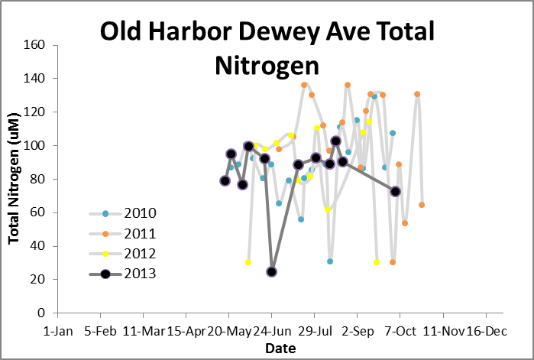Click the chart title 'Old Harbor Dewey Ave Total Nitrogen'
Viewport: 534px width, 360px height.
[x=267, y=48]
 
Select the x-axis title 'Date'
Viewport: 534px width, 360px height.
[x=276, y=349]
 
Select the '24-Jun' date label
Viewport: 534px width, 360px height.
[x=272, y=332]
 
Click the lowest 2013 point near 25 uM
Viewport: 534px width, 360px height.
[x=271, y=271]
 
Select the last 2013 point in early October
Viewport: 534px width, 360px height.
[x=395, y=191]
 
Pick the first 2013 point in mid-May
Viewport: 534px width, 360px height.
[x=225, y=181]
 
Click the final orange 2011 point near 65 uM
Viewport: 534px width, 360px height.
[x=422, y=205]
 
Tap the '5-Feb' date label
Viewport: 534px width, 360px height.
[x=100, y=332]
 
